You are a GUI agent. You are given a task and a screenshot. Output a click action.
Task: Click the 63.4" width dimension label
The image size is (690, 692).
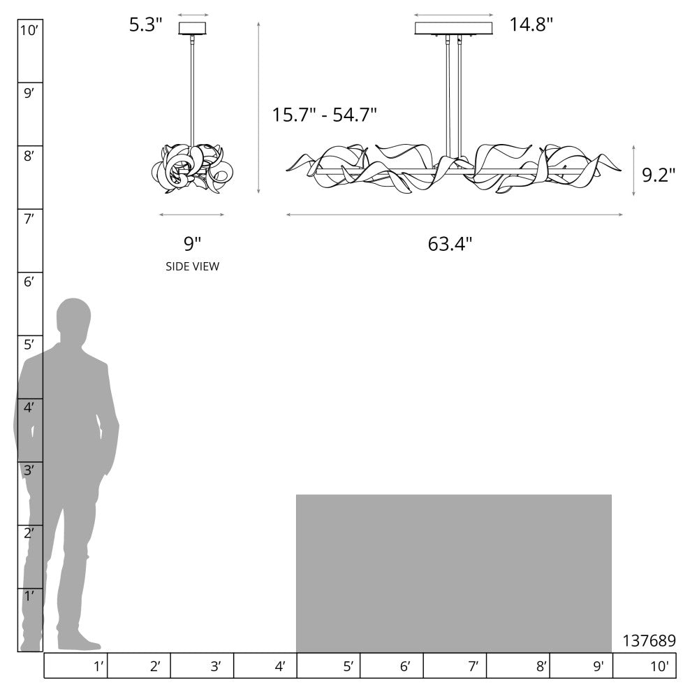(x=450, y=244)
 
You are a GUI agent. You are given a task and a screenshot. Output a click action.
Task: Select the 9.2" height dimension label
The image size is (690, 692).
(x=659, y=175)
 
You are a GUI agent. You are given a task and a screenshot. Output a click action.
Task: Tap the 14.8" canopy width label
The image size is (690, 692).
(x=531, y=24)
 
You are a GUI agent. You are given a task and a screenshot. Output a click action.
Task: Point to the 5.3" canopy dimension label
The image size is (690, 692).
(x=145, y=24)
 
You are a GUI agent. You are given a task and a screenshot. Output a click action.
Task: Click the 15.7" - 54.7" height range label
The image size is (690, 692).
(x=325, y=115)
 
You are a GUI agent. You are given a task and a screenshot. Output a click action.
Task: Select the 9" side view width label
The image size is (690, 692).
(x=192, y=244)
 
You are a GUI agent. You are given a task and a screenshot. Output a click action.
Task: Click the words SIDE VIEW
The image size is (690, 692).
(x=192, y=266)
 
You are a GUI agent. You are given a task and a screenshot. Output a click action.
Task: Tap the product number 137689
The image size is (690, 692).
(x=649, y=640)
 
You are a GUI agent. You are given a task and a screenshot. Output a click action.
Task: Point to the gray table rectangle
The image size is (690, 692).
(x=454, y=573)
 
